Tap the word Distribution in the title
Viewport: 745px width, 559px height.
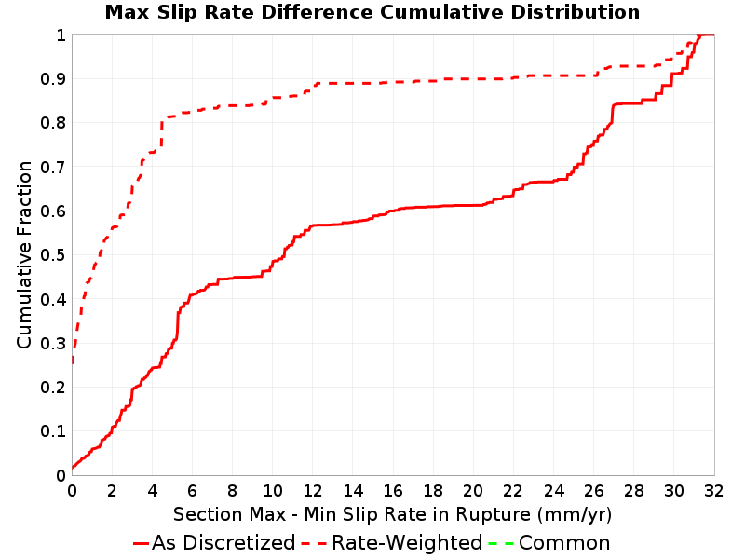coord(576,12)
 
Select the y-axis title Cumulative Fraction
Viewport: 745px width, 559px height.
coord(24,254)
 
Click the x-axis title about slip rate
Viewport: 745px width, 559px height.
coord(392,514)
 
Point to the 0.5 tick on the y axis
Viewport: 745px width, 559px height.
coord(53,255)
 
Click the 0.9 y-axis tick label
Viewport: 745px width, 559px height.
coord(53,79)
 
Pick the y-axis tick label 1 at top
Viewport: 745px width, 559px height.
coord(61,35)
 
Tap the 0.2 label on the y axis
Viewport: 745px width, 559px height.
coord(53,388)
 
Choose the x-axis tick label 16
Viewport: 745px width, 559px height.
coord(393,491)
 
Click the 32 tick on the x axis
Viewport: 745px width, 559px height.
coord(714,491)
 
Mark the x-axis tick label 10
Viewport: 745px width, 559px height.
coord(273,491)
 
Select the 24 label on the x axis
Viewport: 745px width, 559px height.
coord(553,491)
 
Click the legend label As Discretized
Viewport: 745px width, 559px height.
coord(223,543)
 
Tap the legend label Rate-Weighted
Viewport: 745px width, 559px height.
coord(407,543)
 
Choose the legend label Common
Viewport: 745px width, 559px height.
coord(564,543)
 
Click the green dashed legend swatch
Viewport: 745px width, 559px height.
coord(501,543)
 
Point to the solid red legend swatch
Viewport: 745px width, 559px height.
coord(142,543)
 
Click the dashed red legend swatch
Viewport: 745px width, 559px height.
coord(314,543)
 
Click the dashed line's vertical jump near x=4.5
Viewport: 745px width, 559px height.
coord(161,133)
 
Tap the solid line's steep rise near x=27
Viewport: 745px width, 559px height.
coord(612,114)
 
